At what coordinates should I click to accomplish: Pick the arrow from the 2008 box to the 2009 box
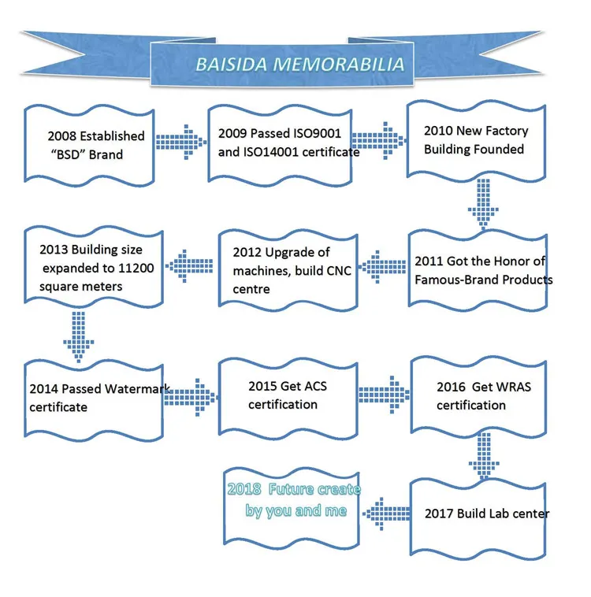[177, 142]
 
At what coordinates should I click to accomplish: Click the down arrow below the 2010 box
[481, 205]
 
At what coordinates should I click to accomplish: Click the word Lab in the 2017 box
[494, 514]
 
